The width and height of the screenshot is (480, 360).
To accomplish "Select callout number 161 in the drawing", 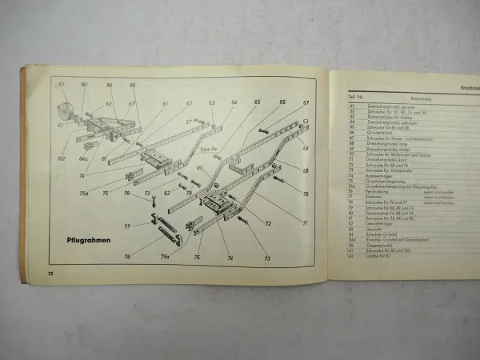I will point(82,83).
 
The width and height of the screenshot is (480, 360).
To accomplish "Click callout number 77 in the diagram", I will point(126,226).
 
